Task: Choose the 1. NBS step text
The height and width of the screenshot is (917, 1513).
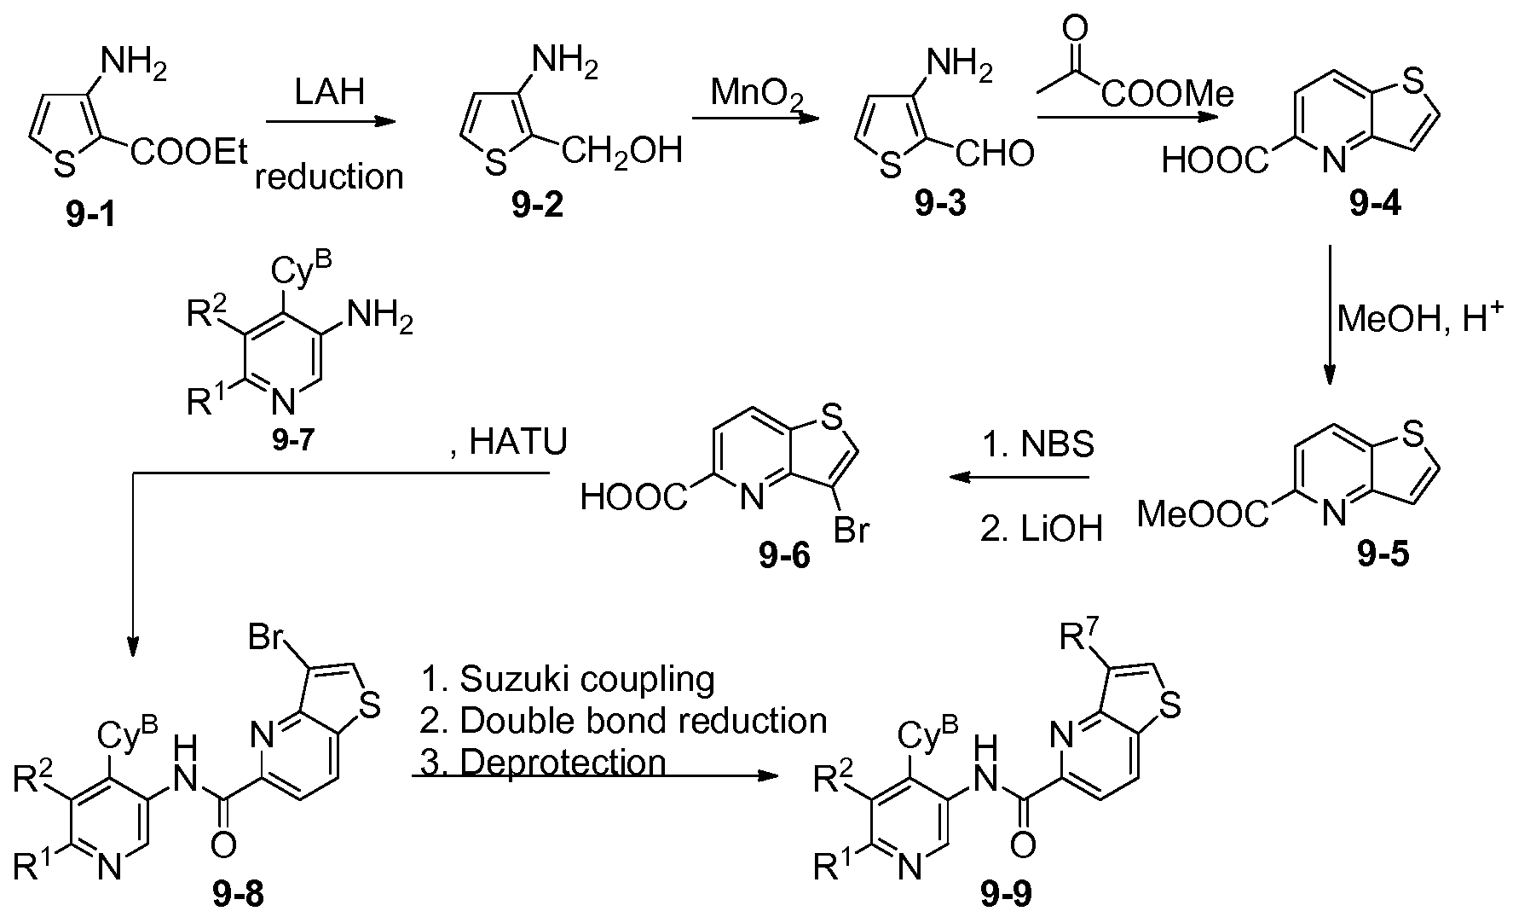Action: tap(1037, 444)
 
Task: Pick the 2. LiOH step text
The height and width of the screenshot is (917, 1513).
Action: tap(1042, 529)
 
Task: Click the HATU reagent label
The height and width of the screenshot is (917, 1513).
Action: tap(508, 444)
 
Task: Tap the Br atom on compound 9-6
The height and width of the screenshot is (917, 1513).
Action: tap(851, 531)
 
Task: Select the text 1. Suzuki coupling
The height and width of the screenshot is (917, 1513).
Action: tap(568, 679)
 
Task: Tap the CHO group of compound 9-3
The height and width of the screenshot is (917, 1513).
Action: tap(994, 154)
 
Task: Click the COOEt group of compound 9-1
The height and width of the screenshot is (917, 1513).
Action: tap(190, 154)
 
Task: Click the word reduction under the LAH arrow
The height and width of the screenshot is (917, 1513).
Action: tap(329, 177)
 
